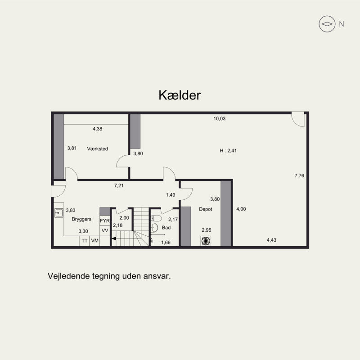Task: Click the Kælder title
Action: tap(180, 95)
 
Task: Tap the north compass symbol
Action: tap(327, 24)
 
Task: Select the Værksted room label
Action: tap(97, 149)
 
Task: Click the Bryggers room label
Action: tap(81, 219)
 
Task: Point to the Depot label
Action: tap(206, 209)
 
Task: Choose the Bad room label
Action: tap(166, 228)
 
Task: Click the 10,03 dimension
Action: tap(220, 119)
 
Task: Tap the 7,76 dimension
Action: tap(299, 175)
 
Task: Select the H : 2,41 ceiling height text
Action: tap(228, 151)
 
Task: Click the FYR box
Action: tap(105, 220)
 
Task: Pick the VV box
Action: tap(105, 231)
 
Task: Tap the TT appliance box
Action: tap(85, 241)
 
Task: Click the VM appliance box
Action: tap(94, 241)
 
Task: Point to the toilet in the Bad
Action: tap(156, 218)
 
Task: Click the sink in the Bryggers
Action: tap(59, 213)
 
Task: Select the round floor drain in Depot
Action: tap(206, 241)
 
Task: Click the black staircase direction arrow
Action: tap(114, 239)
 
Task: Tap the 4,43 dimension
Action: tap(271, 240)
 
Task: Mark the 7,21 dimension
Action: tap(119, 185)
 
